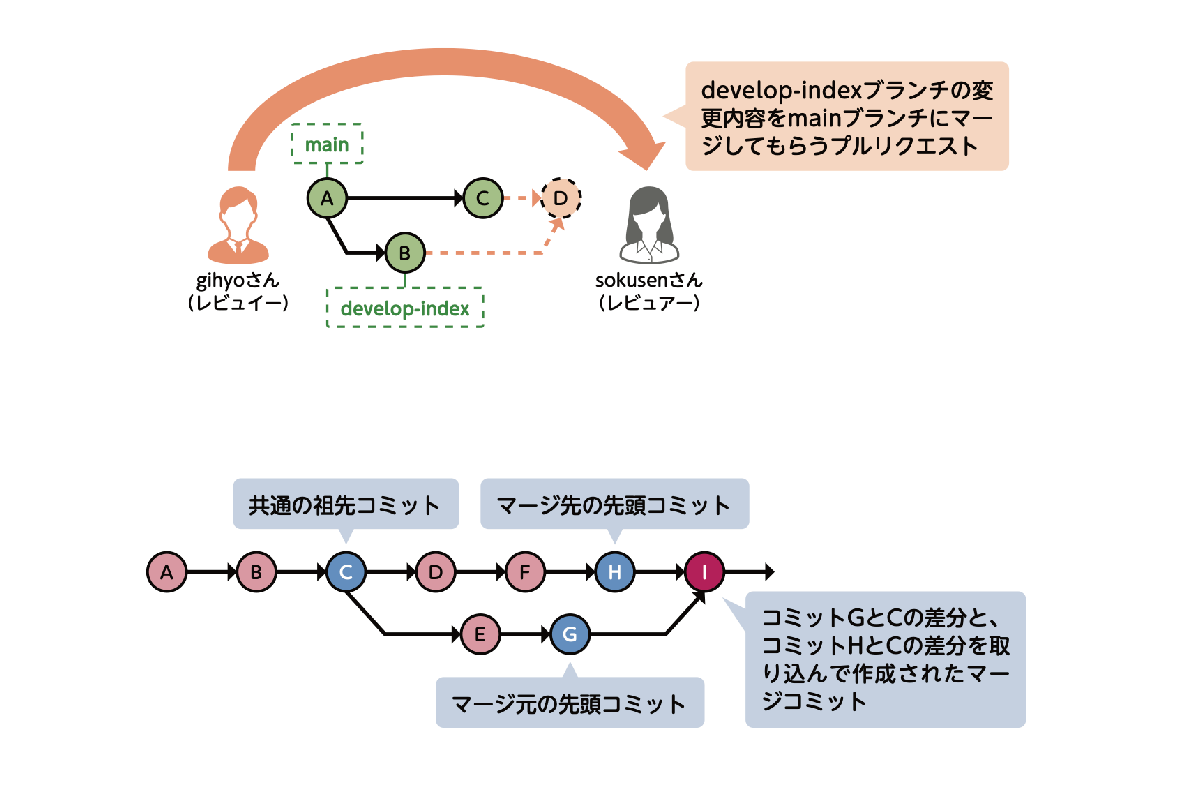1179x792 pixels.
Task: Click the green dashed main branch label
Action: tap(327, 144)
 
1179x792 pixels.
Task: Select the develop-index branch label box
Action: tap(405, 307)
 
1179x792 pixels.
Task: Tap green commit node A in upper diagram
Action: tap(327, 198)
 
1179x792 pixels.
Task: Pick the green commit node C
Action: tap(483, 198)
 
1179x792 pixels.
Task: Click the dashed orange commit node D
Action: tap(561, 198)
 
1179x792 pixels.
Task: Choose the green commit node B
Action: tap(405, 253)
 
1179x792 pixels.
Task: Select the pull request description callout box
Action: tap(847, 116)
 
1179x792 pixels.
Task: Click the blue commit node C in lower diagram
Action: tap(346, 572)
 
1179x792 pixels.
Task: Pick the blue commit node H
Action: tap(614, 572)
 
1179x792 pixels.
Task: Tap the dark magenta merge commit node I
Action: tap(704, 572)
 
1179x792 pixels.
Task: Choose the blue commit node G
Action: tap(570, 634)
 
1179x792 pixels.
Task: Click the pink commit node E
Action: tap(480, 634)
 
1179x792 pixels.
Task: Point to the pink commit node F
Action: tap(525, 572)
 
